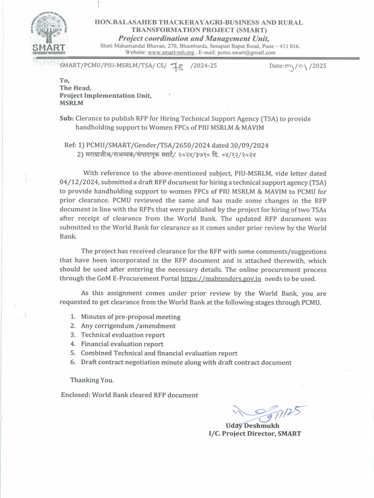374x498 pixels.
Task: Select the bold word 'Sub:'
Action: coord(66,119)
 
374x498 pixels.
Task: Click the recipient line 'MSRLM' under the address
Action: coord(71,103)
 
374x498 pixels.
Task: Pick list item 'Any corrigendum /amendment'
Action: coord(128,326)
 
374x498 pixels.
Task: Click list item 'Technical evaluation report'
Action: coord(123,335)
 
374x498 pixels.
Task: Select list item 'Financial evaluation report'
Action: coord(122,344)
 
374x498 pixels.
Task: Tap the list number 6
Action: coord(72,362)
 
